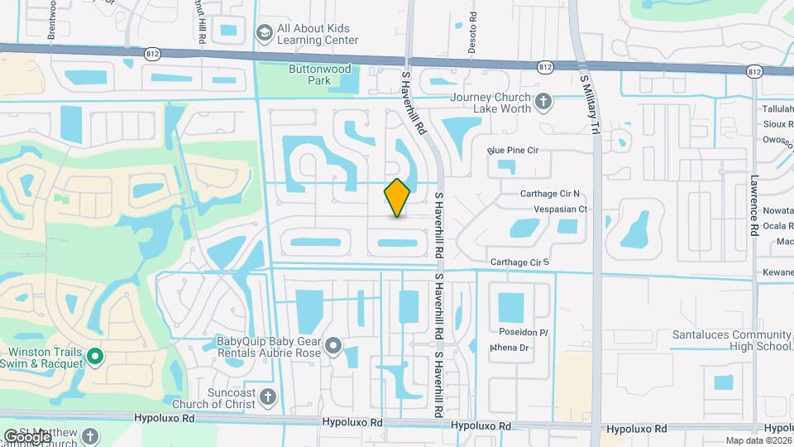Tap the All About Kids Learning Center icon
265,33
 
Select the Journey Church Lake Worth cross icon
543,102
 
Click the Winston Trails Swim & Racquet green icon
95,357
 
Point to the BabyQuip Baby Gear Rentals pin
333,346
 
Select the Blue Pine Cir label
513,150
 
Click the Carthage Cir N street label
550,194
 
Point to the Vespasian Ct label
561,209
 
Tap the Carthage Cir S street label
519,262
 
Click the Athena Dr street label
509,348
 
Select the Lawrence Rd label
754,206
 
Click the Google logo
26,436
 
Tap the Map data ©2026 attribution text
758,440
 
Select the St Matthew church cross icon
89,435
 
